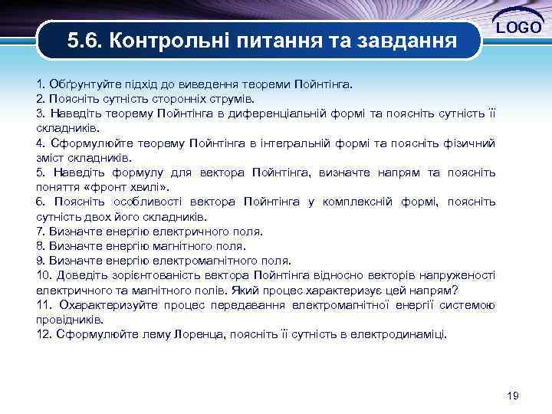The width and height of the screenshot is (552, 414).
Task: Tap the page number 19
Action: [513, 396]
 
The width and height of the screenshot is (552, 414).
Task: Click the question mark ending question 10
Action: [455, 290]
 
